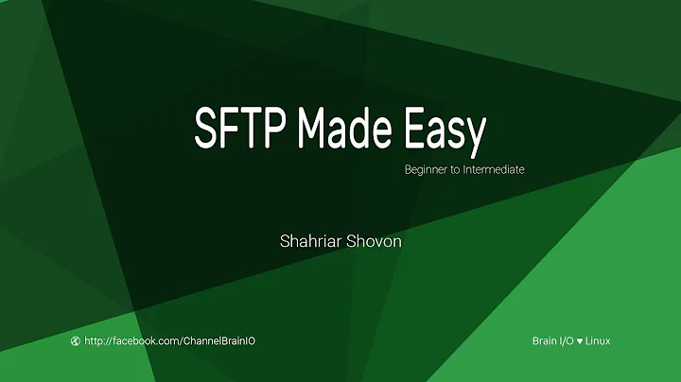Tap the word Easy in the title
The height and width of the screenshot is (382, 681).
444,130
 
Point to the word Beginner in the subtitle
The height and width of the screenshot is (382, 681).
426,170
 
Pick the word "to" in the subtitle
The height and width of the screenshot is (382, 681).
456,170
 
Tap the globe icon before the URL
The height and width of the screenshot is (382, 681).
76,340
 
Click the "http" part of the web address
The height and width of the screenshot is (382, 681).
95,340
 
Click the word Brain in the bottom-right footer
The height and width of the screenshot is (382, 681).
546,340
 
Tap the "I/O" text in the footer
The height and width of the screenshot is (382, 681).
567,340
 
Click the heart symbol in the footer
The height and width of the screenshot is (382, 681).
581,340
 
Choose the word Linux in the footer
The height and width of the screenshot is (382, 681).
599,340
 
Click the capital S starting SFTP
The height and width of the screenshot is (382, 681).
204,129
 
